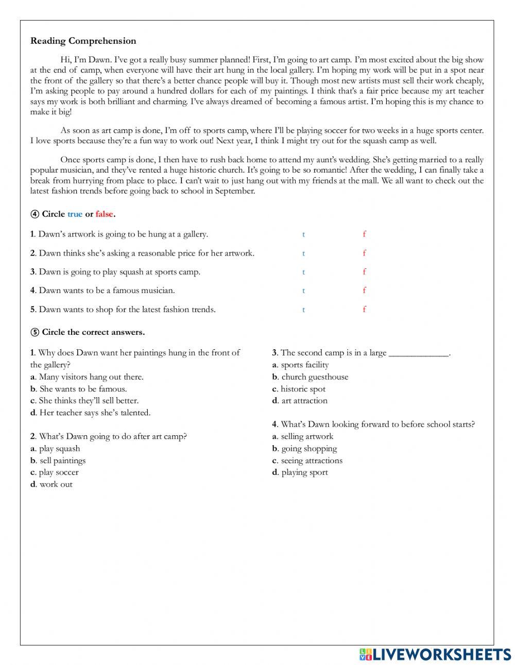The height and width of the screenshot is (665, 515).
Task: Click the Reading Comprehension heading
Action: point(83,41)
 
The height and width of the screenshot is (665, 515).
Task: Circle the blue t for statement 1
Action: point(303,234)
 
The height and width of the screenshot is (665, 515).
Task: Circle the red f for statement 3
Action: point(364,272)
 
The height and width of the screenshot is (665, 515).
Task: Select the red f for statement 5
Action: point(364,310)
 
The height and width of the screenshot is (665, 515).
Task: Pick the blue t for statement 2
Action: point(303,253)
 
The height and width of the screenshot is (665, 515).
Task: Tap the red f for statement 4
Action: point(364,291)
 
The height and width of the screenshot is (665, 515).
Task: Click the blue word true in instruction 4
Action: point(75,214)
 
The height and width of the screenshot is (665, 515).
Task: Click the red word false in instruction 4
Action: point(104,214)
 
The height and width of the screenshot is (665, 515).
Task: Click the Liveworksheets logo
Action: point(435,654)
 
